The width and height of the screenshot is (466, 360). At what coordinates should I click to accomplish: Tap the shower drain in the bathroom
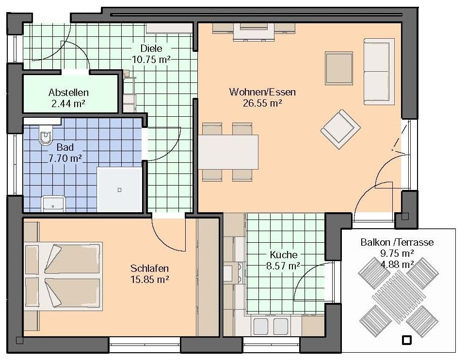click(x=119, y=190)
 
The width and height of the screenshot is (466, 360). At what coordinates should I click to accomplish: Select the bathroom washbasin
click(x=53, y=204)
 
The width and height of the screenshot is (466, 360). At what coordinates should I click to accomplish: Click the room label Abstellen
click(x=69, y=93)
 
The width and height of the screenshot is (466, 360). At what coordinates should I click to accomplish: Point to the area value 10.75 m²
click(x=151, y=60)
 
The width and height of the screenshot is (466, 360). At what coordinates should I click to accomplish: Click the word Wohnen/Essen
click(x=262, y=92)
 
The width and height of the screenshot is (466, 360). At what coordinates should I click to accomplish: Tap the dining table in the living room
click(x=228, y=152)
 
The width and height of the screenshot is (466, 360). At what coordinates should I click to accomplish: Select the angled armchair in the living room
click(x=340, y=129)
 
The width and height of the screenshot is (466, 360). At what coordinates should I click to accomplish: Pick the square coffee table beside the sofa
click(x=339, y=68)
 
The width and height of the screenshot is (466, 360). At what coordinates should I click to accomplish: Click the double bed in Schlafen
click(x=64, y=276)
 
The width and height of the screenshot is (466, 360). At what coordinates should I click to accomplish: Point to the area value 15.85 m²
click(x=150, y=280)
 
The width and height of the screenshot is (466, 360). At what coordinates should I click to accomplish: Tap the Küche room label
click(x=284, y=254)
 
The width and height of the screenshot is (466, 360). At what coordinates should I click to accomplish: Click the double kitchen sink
click(x=271, y=326)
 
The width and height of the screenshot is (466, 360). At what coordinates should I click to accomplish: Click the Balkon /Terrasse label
click(x=397, y=242)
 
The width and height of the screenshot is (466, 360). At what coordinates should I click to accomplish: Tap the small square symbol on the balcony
click(x=406, y=340)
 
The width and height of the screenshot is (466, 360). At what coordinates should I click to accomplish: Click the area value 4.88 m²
click(x=397, y=265)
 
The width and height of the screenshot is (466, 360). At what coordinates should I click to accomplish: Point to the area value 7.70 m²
click(x=65, y=158)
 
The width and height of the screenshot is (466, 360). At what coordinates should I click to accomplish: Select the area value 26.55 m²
click(x=262, y=103)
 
